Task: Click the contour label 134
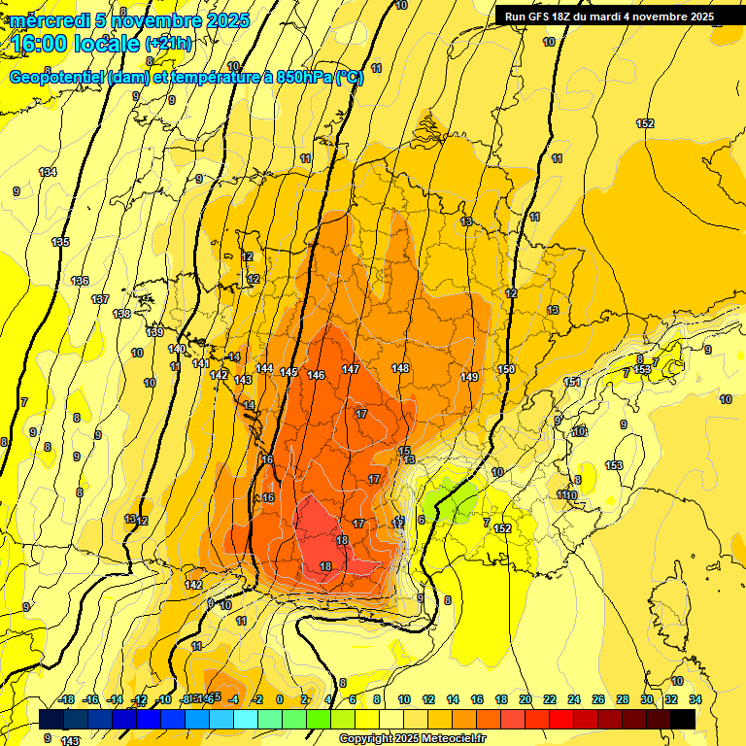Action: [48, 172]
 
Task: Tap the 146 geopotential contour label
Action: [316, 375]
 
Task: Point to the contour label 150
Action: [505, 369]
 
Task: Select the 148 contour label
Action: [400, 368]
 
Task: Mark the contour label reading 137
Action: [100, 299]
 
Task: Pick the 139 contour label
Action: [154, 332]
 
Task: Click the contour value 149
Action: [469, 377]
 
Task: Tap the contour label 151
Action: [572, 382]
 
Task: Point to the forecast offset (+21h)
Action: [169, 43]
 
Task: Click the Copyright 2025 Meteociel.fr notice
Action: [412, 739]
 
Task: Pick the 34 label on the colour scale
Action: [695, 699]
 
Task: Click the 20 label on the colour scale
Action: [526, 699]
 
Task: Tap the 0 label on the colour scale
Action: [280, 699]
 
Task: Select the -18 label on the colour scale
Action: [66, 699]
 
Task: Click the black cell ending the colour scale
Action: [682, 719]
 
